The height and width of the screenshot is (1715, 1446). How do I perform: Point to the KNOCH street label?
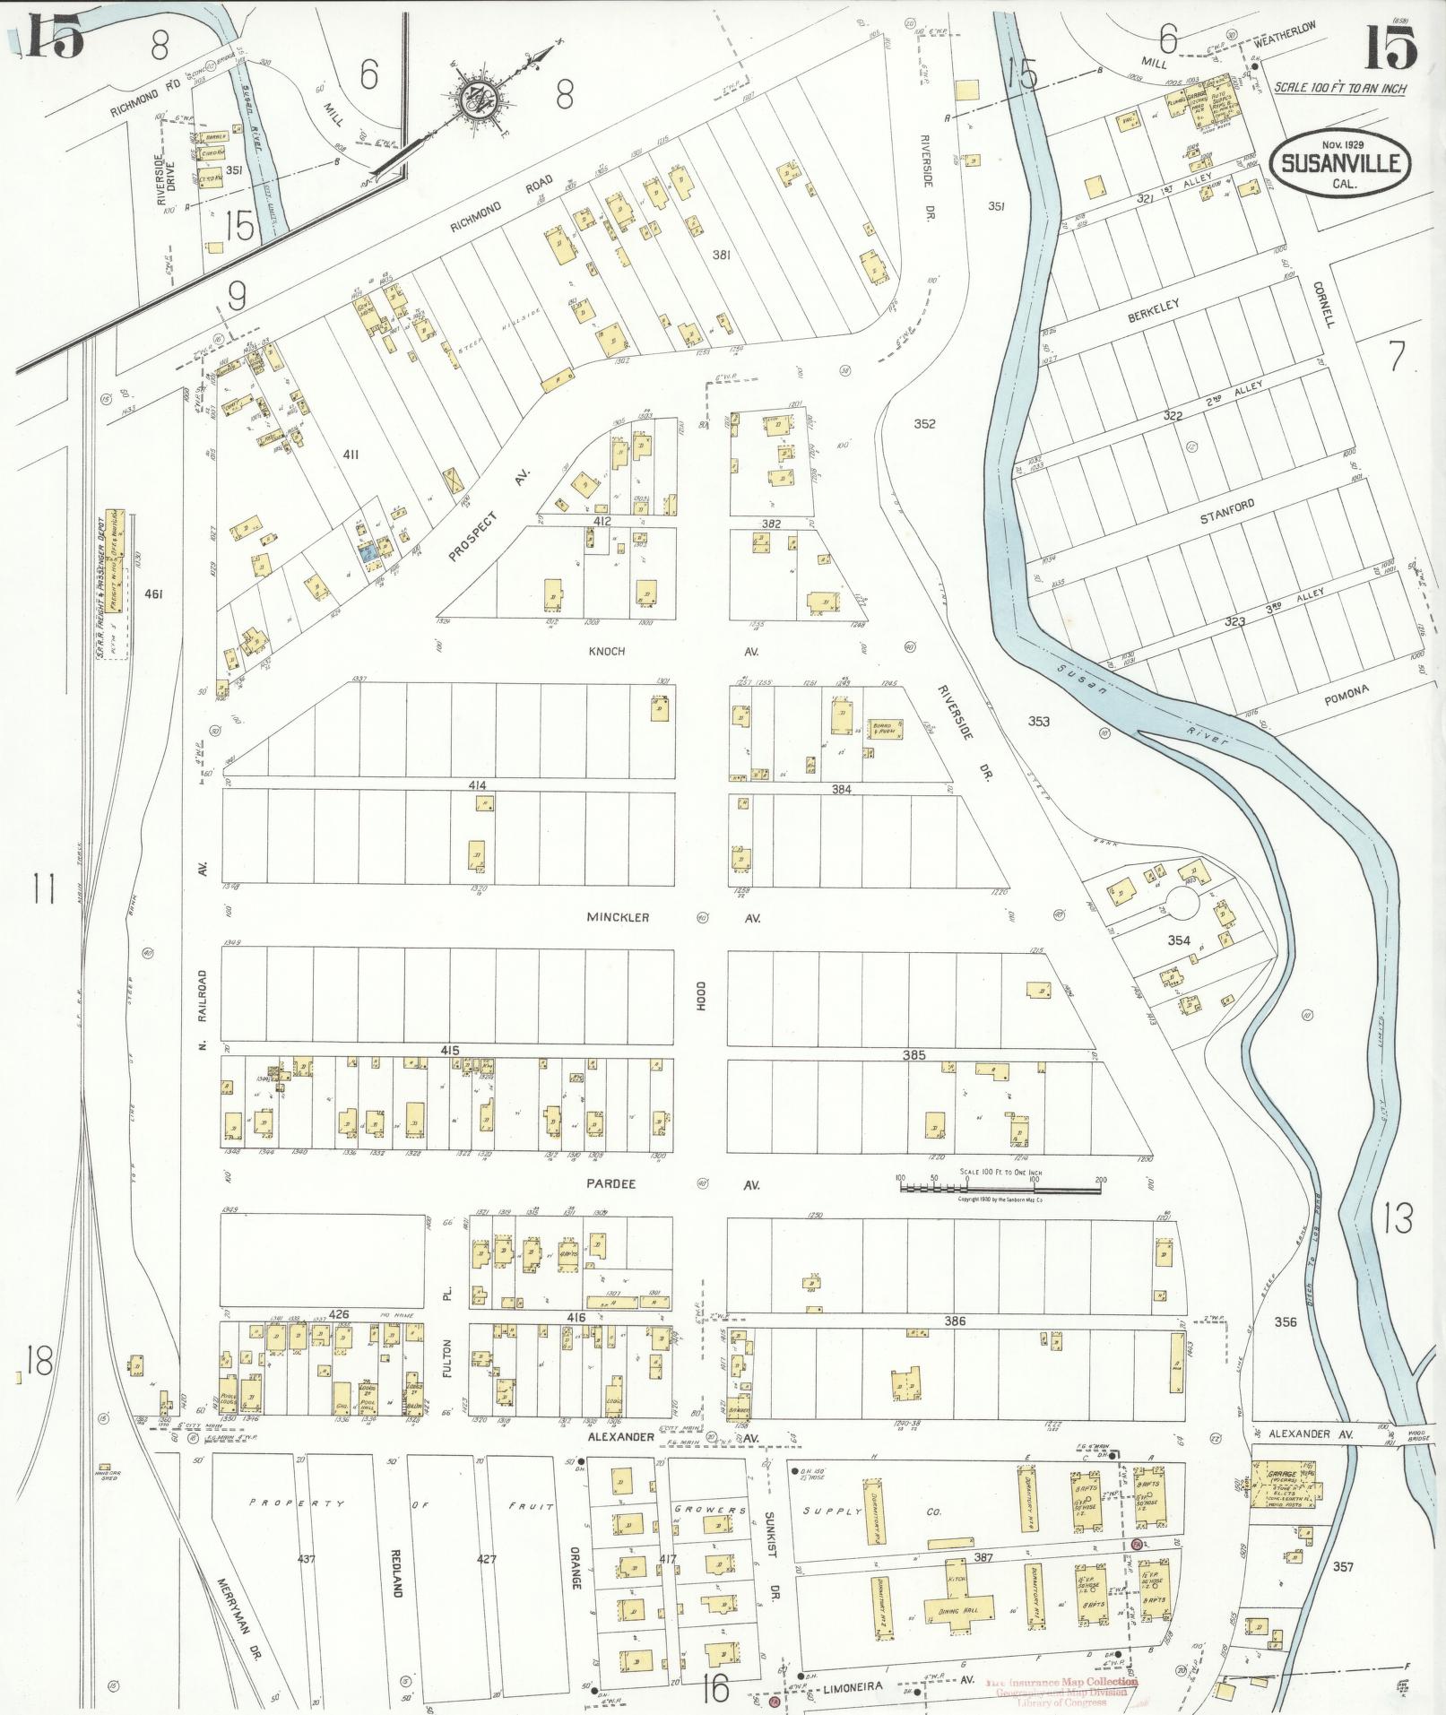click(x=607, y=652)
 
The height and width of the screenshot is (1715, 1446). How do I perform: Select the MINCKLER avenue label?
click(x=617, y=918)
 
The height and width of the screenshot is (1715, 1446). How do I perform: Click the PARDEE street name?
click(x=611, y=1184)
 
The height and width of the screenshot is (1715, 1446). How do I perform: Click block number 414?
click(x=477, y=785)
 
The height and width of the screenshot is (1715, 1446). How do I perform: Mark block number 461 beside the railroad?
click(x=154, y=593)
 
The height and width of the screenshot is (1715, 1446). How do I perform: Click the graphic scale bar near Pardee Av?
click(x=1000, y=1189)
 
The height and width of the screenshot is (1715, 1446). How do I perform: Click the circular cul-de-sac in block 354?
click(x=1181, y=903)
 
